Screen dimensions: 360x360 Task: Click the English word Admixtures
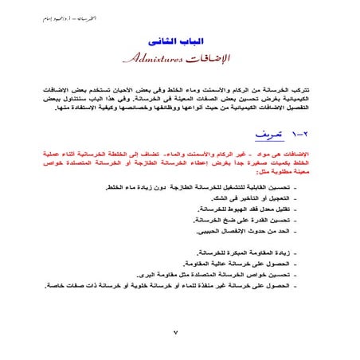[x=151, y=58]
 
